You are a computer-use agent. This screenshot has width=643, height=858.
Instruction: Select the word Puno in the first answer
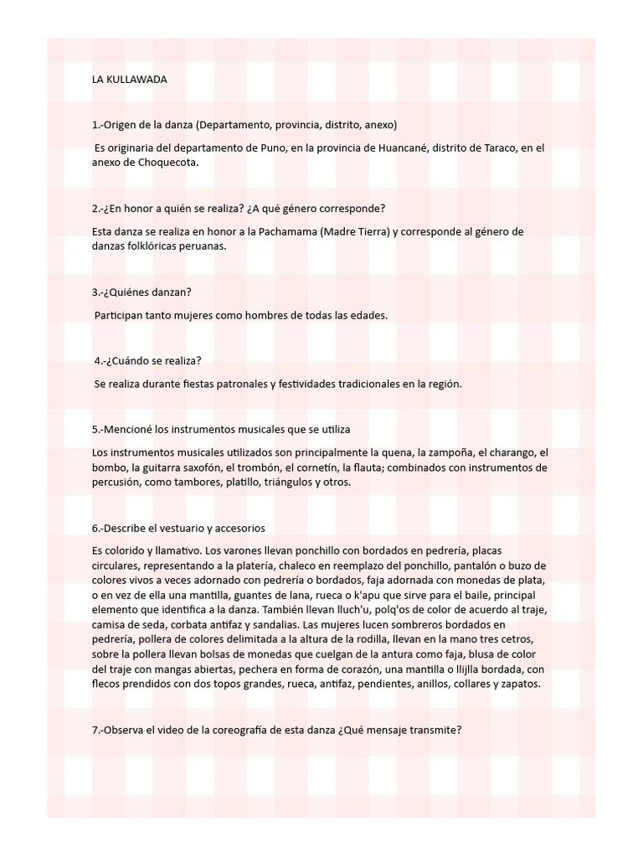pyautogui.click(x=259, y=148)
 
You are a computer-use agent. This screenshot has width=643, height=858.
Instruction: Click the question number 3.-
pyautogui.click(x=100, y=292)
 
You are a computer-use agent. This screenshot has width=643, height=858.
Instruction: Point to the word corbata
pyautogui.click(x=178, y=625)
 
